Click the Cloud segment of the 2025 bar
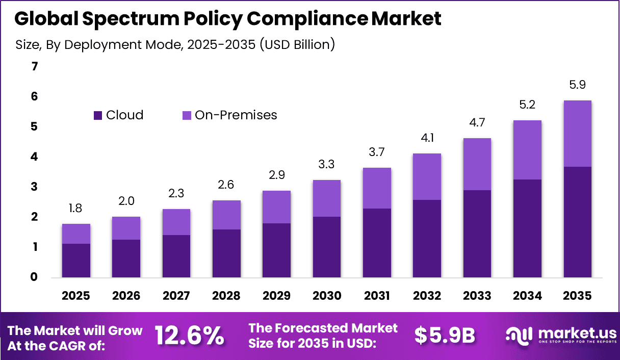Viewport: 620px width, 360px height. (x=76, y=261)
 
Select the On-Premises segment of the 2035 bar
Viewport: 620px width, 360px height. (x=577, y=134)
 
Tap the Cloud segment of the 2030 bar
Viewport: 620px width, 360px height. (x=326, y=247)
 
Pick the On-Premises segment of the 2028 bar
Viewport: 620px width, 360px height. (x=226, y=215)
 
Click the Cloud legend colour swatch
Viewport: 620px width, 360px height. (x=98, y=115)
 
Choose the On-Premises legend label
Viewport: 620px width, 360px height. (x=236, y=115)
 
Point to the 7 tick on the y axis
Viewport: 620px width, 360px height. (x=34, y=66)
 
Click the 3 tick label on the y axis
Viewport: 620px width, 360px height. (x=34, y=187)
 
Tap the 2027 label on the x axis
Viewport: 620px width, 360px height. (x=176, y=296)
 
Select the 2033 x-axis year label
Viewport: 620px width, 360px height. (x=477, y=296)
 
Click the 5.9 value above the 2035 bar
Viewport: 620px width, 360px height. (x=577, y=85)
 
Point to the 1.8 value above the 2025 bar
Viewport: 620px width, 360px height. (x=76, y=209)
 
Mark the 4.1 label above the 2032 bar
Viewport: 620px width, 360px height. (x=427, y=138)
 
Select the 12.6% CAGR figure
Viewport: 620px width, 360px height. (x=189, y=336)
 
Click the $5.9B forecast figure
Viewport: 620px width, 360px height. (x=445, y=336)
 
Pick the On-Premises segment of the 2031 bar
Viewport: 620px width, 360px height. (x=377, y=188)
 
